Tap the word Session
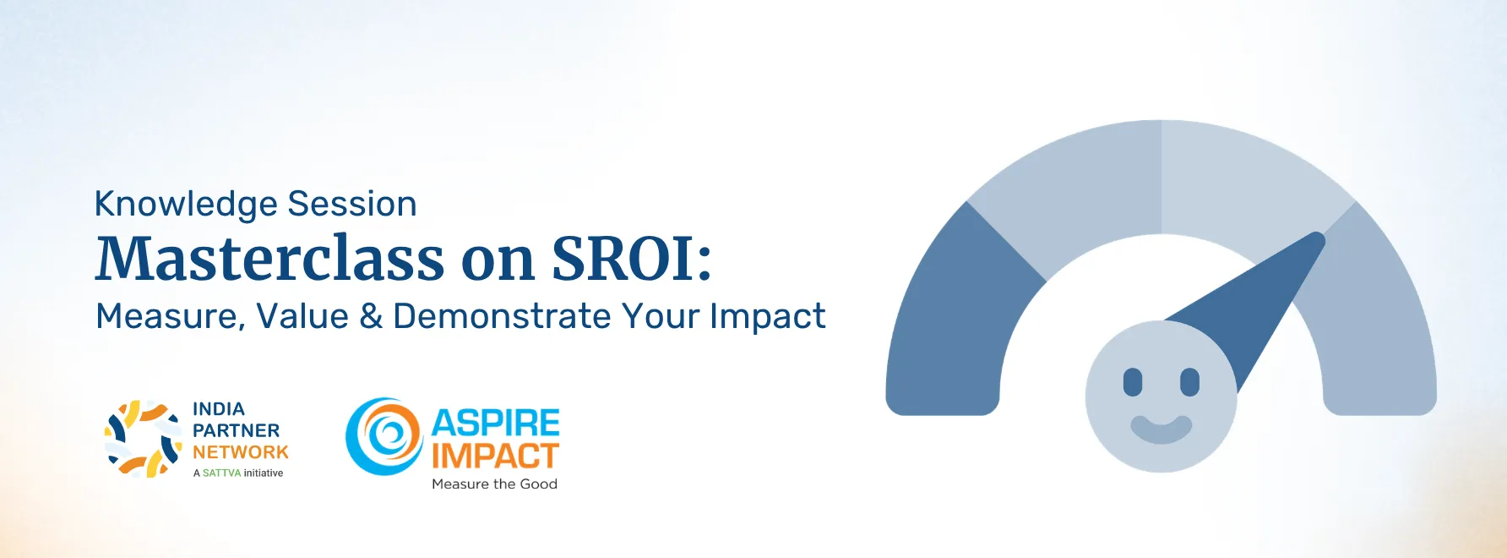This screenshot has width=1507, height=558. click(351, 204)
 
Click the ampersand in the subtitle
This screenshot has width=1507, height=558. click(371, 316)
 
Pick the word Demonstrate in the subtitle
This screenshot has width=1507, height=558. click(502, 316)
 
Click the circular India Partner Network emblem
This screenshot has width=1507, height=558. click(144, 439)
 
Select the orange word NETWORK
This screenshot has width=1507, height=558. click(241, 452)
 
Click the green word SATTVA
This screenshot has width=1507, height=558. click(221, 473)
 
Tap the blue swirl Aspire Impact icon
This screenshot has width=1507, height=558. click(384, 436)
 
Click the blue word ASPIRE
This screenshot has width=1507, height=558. click(496, 423)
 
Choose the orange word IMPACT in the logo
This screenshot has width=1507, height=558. click(495, 457)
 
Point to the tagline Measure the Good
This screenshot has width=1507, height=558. click(494, 484)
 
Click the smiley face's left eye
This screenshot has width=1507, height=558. click(1133, 382)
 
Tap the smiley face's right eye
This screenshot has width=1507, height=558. click(1189, 382)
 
